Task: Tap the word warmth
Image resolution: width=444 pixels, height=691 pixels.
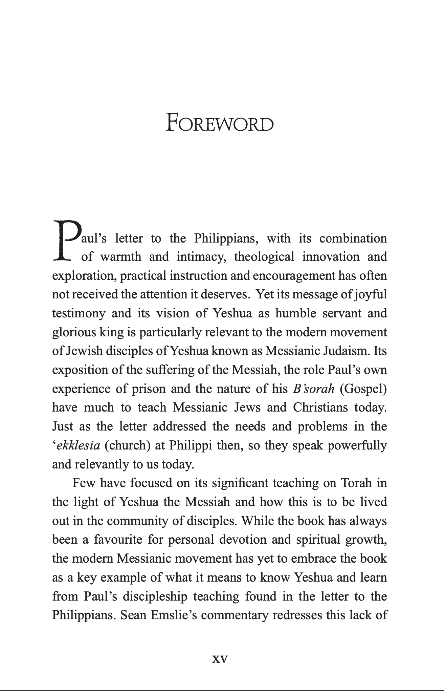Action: [121, 257]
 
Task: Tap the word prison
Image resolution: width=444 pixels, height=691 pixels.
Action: [149, 389]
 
